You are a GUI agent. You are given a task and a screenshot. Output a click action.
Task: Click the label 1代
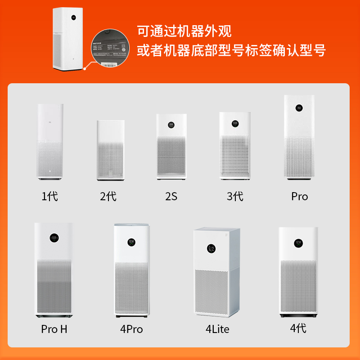[50, 196]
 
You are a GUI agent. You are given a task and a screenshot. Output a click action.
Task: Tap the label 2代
[108, 196]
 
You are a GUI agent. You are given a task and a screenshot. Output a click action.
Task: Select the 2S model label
[171, 196]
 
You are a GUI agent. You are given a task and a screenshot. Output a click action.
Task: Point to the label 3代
[235, 196]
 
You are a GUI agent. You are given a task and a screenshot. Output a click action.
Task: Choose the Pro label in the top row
[299, 196]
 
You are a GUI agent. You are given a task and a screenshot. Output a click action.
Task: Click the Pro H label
[54, 329]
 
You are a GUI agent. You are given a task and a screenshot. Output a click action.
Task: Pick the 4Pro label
[131, 329]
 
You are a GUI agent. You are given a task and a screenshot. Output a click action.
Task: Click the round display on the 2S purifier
[171, 124]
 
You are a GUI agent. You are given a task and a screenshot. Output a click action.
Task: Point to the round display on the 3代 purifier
[235, 123]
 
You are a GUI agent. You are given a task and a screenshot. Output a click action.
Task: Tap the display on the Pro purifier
[299, 108]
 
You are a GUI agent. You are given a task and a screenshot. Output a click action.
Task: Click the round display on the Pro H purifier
[54, 238]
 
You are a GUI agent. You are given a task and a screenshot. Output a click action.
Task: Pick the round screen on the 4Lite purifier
[211, 248]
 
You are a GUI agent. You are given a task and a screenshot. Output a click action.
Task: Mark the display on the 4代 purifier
[298, 243]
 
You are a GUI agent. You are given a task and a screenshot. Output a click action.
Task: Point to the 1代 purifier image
[50, 141]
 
